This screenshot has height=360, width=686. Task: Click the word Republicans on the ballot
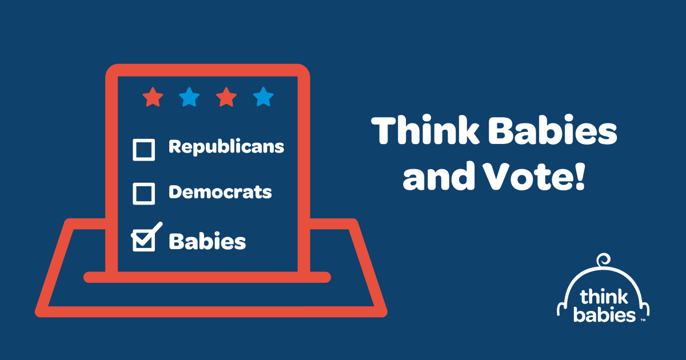click(226, 147)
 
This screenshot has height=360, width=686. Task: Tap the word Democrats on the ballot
click(220, 192)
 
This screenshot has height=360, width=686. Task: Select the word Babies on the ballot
click(208, 241)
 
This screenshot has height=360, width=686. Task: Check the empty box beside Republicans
click(143, 150)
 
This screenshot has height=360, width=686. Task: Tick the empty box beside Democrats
click(143, 194)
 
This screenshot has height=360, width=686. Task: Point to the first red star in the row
click(153, 97)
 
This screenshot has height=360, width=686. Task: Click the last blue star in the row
click(264, 97)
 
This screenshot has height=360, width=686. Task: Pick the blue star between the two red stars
click(189, 97)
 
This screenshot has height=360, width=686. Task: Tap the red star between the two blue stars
click(226, 97)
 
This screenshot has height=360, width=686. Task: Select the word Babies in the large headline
click(552, 130)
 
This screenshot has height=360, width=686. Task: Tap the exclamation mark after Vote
click(580, 177)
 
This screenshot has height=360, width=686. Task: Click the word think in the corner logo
click(604, 296)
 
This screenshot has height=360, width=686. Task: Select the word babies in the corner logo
click(604, 314)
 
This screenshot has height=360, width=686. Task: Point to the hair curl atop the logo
click(603, 261)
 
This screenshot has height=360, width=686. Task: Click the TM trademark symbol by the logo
click(643, 320)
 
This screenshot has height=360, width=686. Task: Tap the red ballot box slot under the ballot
click(208, 277)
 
